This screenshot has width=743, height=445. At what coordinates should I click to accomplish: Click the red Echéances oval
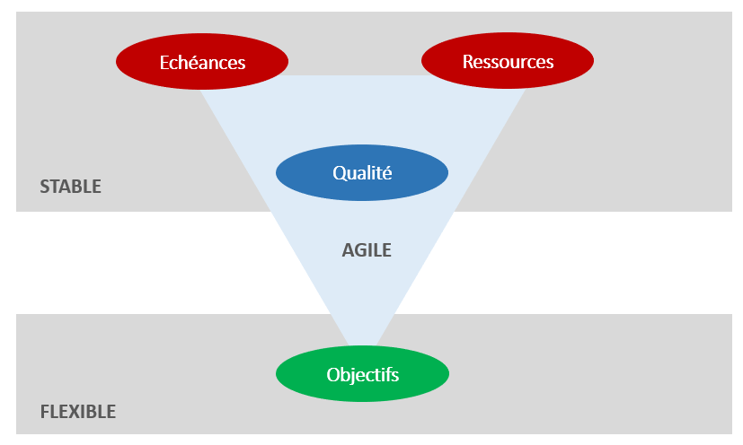pyautogui.click(x=202, y=62)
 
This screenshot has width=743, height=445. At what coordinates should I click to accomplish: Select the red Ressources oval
pyautogui.click(x=508, y=62)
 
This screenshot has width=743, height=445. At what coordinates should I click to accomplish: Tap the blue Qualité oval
pyautogui.click(x=361, y=173)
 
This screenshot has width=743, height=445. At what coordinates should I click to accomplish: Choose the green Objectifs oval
pyautogui.click(x=361, y=373)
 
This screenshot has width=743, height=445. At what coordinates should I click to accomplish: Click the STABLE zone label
pyautogui.click(x=70, y=188)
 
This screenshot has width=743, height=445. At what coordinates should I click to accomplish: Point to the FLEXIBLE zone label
pyautogui.click(x=78, y=413)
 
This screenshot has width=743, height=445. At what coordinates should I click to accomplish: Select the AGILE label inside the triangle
pyautogui.click(x=367, y=250)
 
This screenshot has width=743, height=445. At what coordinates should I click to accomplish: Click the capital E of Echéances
pyautogui.click(x=164, y=63)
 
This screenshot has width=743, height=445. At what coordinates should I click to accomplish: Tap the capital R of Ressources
pyautogui.click(x=468, y=62)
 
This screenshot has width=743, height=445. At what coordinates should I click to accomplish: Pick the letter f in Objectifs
pyautogui.click(x=389, y=373)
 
